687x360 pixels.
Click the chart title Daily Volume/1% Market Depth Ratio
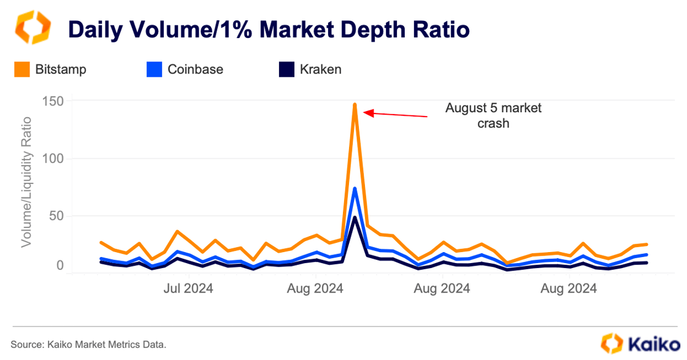coord(268,29)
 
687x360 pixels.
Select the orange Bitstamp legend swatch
coord(22,69)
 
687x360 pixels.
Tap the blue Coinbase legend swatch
coord(154,69)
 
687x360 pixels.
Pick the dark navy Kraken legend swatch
coord(286,69)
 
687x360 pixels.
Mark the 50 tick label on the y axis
coord(56,216)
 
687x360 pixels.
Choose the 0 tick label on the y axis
coord(60,266)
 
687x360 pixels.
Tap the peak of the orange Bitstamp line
coord(355,105)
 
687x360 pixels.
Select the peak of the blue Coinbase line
coord(355,188)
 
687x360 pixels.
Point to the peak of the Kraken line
coord(355,217)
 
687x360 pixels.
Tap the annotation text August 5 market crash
coord(493,115)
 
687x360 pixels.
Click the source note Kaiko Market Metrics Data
coord(88,345)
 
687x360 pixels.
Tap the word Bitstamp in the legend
coord(61,69)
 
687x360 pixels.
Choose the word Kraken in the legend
coord(320,69)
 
